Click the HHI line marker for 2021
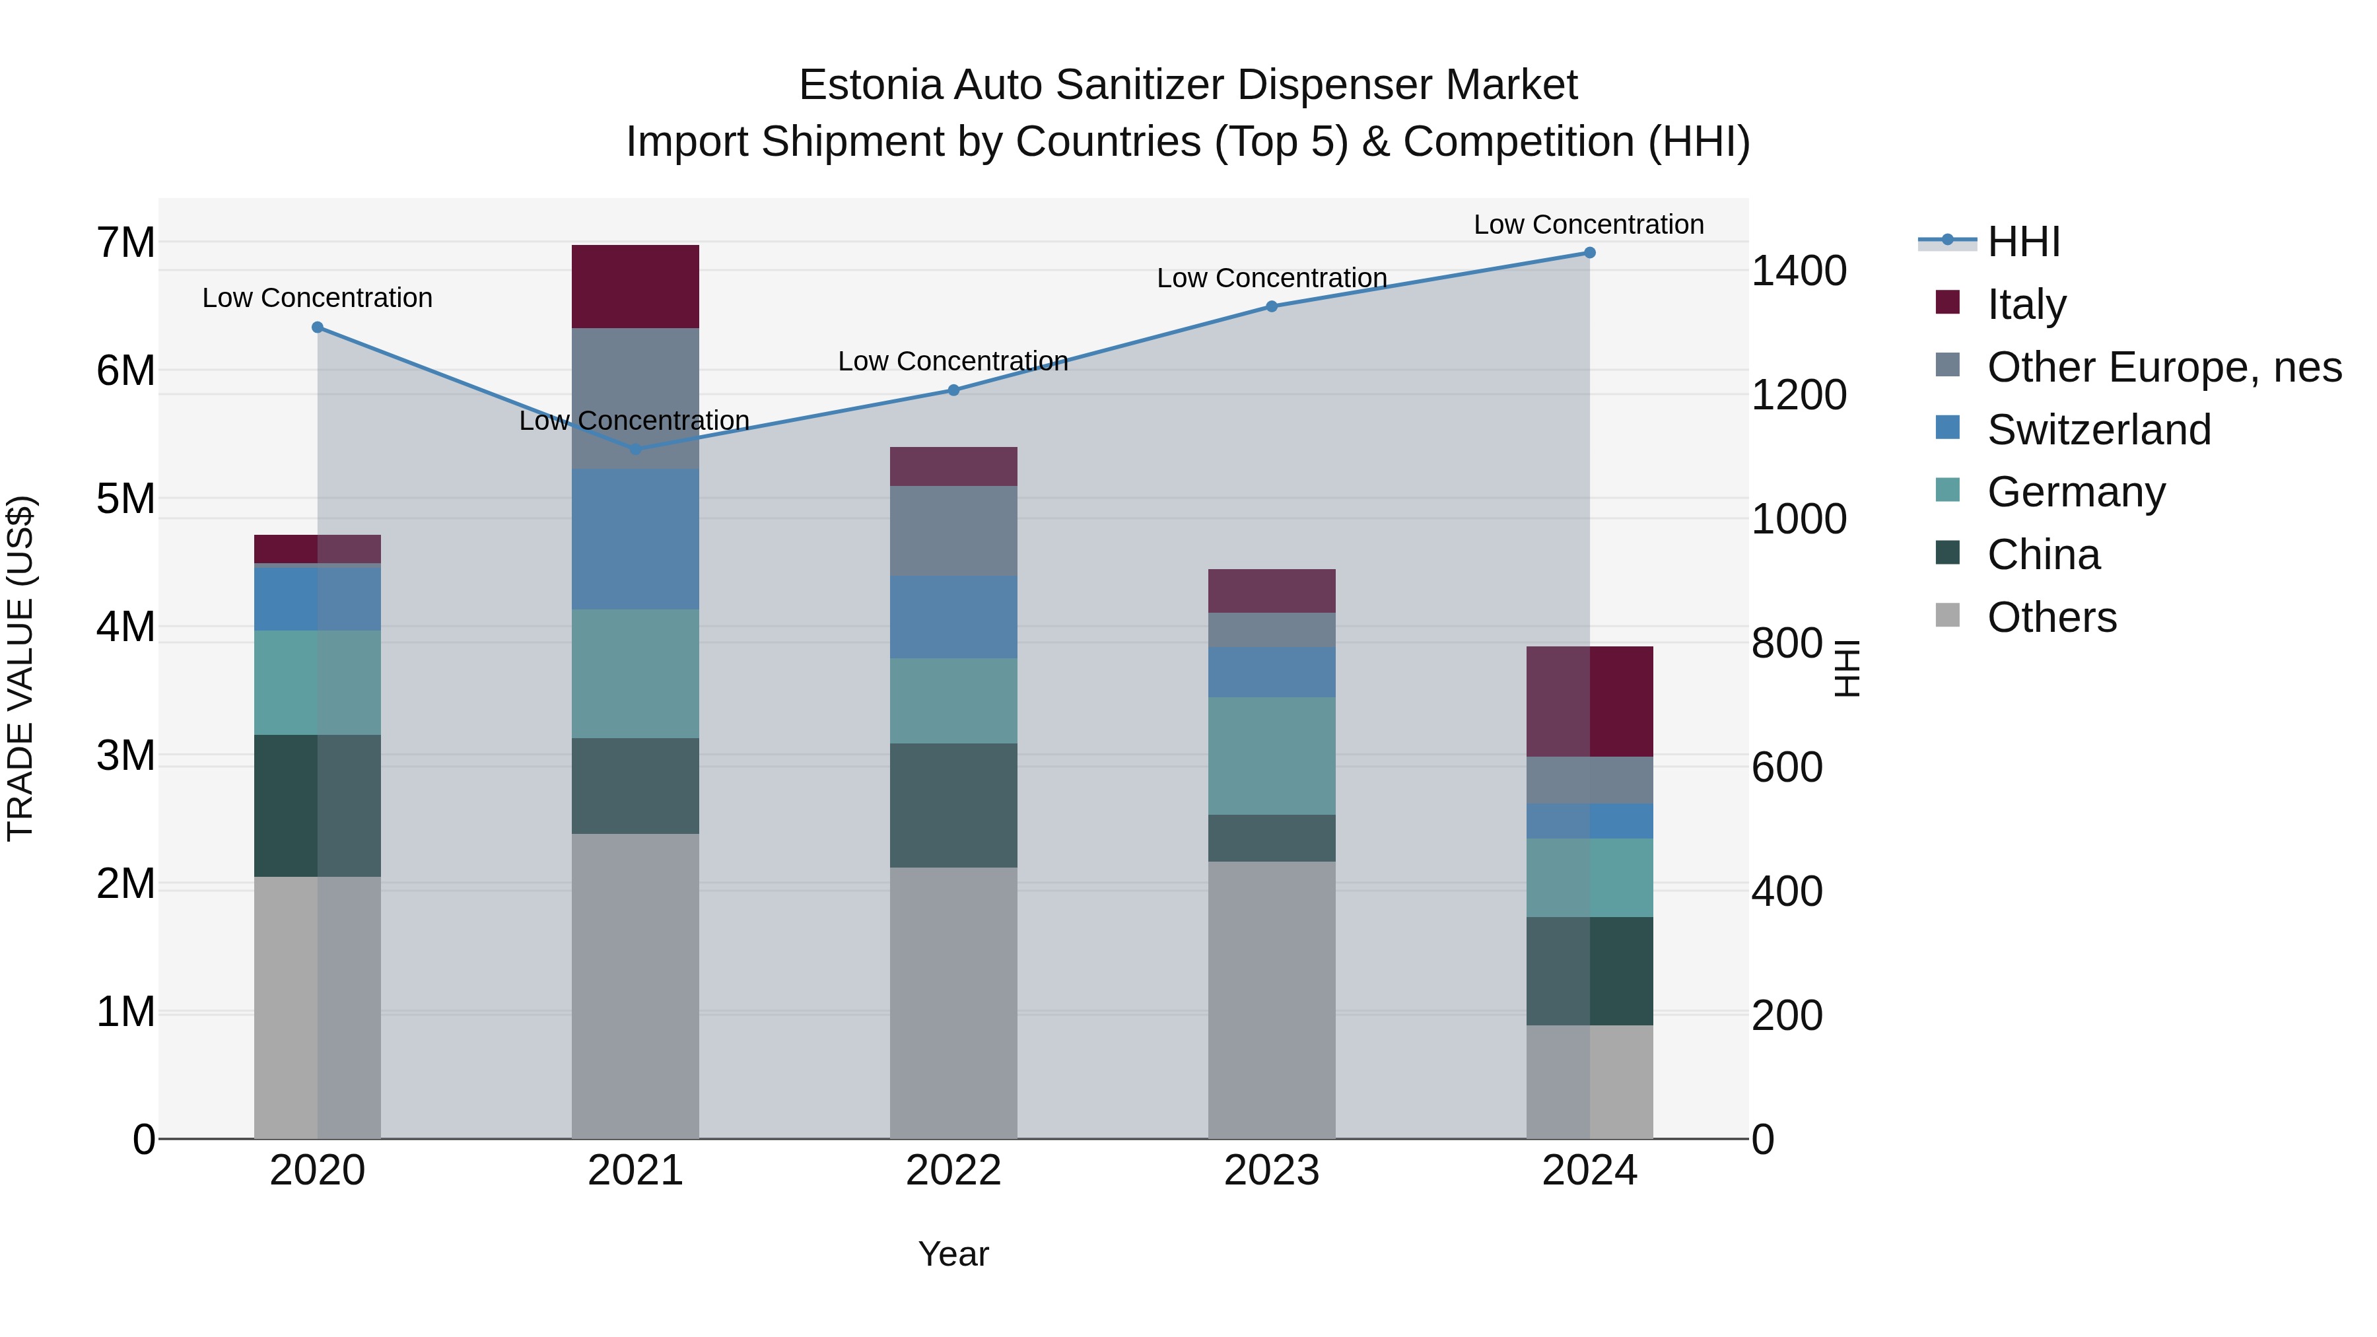(x=635, y=450)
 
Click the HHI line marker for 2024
(x=1589, y=253)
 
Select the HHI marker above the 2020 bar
(x=318, y=327)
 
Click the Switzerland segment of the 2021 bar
(x=635, y=539)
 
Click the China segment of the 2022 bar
(x=953, y=806)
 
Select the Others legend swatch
(x=1947, y=615)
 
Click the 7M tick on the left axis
(x=125, y=243)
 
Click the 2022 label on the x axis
(x=953, y=1171)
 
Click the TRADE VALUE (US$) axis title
(x=20, y=668)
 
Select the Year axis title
(x=953, y=1254)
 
